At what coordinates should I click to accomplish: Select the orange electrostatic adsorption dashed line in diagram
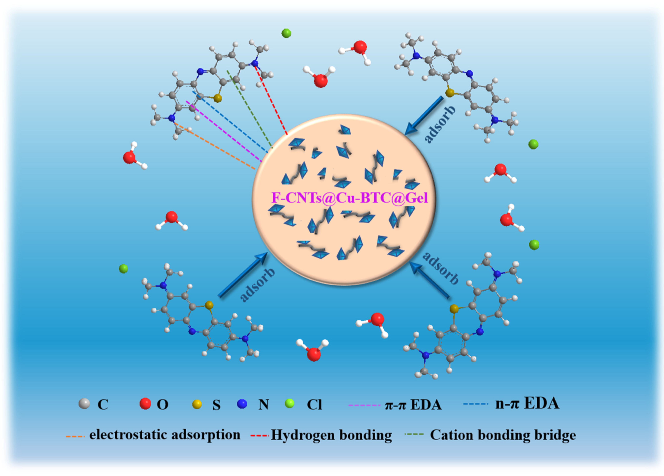(215, 147)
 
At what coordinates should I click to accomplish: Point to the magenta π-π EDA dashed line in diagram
(224, 131)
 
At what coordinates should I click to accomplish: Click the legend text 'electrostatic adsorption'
(165, 435)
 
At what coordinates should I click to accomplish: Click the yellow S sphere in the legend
(197, 404)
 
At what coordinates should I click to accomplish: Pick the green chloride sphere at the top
(286, 33)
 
